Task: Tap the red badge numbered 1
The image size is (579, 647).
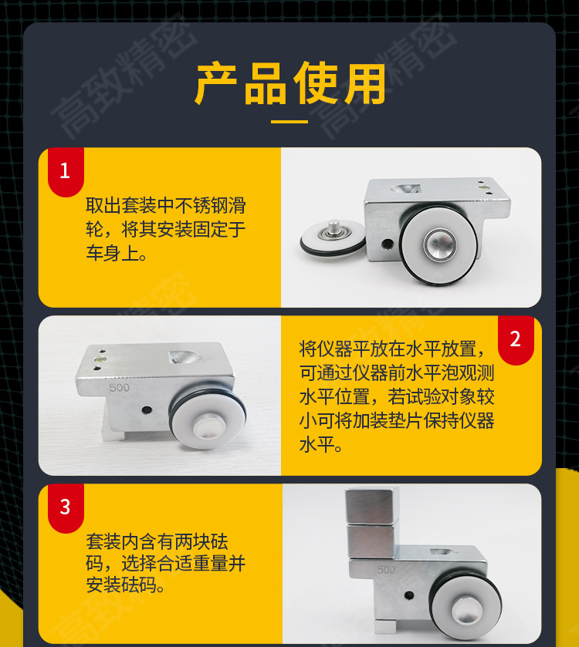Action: point(65,170)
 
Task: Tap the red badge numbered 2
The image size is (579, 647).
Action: point(516,339)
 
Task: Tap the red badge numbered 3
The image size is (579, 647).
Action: point(65,507)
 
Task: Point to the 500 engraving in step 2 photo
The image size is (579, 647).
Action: point(120,388)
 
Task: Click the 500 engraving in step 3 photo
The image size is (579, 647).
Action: point(386,571)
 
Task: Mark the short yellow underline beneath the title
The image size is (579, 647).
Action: point(289,122)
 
